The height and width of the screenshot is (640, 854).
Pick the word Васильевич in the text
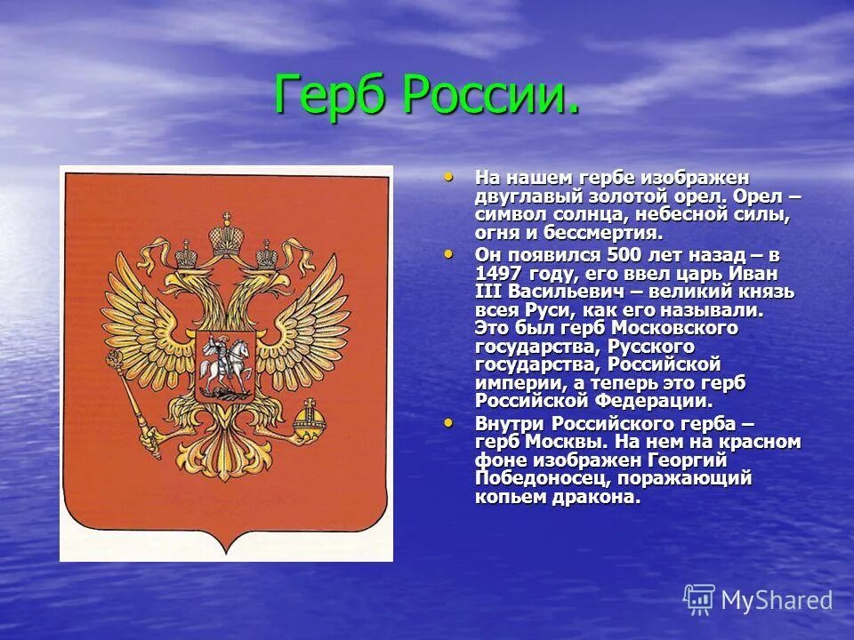560,292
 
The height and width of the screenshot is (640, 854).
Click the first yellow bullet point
447,176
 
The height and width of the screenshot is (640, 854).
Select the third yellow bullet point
447,422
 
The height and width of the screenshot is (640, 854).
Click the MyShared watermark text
777,600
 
